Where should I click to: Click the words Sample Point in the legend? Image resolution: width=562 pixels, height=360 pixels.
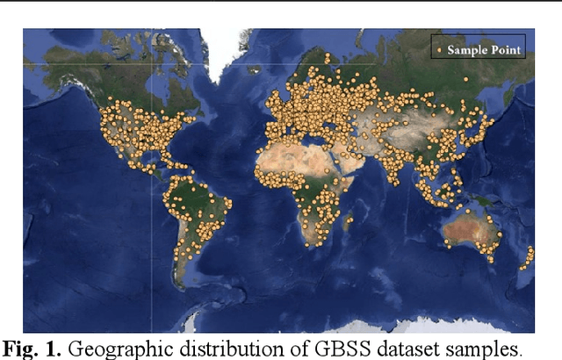485,50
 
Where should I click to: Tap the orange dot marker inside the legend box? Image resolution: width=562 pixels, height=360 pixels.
438,50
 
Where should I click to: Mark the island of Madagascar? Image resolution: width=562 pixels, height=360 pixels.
348,220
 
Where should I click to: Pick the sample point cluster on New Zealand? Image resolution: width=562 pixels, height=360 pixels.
529,258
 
